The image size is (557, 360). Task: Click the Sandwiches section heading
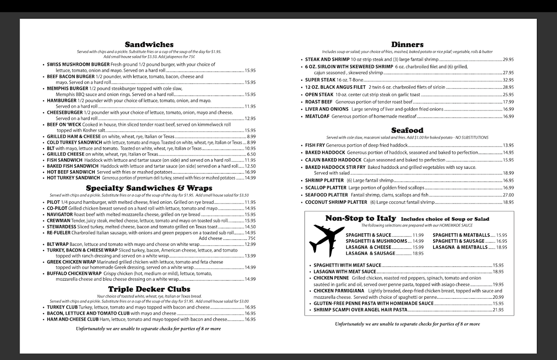[x=149, y=45]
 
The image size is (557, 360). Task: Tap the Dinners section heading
[x=407, y=45]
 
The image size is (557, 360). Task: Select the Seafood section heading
[x=407, y=130]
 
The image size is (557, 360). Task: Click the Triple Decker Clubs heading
[x=149, y=289]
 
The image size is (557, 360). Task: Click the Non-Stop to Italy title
[x=361, y=218]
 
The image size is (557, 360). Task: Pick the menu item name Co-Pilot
[x=57, y=208]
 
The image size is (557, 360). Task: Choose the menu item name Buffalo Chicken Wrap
[x=74, y=273]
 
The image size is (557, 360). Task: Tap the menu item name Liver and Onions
[x=327, y=109]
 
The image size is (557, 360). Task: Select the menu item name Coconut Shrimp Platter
[x=336, y=202]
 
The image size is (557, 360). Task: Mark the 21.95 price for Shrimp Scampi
[x=498, y=309]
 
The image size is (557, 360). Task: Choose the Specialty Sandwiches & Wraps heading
[x=149, y=188]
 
